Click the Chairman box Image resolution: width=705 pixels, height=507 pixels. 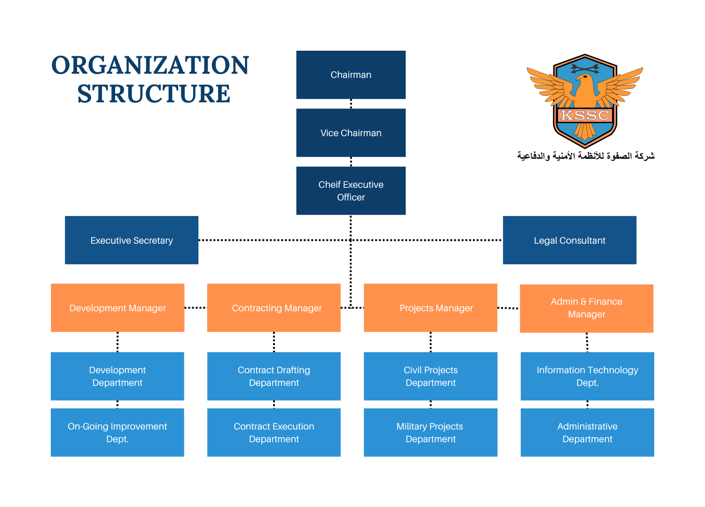[351, 75]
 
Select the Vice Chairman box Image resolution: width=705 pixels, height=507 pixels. [351, 133]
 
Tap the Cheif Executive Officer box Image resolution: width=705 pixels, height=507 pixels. [351, 191]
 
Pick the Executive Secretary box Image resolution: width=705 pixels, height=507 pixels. [132, 240]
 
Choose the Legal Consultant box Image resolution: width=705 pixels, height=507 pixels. [570, 240]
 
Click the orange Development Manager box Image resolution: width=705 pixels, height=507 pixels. [117, 308]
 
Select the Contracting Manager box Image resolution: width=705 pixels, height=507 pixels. [274, 308]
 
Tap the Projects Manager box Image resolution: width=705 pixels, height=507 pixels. [431, 308]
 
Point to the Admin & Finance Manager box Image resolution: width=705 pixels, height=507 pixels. [587, 308]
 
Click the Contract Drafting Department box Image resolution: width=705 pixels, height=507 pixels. [274, 376]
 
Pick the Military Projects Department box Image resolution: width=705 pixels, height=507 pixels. [431, 432]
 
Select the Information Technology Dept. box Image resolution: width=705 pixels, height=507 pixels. [587, 376]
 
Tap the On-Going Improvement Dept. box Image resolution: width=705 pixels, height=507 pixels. [117, 432]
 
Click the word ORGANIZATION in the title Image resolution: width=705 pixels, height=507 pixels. [150, 65]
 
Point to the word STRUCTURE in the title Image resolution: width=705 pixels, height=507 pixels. [154, 94]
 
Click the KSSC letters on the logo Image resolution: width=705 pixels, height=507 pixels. [585, 115]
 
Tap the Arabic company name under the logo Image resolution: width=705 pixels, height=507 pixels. [586, 156]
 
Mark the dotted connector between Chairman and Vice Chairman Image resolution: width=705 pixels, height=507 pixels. [351, 104]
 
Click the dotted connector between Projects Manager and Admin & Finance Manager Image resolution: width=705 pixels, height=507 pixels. [509, 308]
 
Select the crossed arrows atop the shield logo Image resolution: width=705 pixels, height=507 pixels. [585, 69]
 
